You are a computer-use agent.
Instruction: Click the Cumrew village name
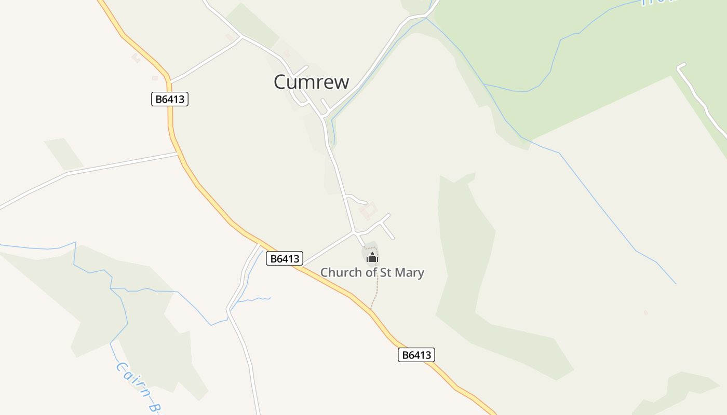click(x=312, y=82)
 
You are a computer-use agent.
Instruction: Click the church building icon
click(x=372, y=257)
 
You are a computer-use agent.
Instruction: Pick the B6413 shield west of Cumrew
click(x=170, y=99)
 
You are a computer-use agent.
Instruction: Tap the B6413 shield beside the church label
click(x=284, y=258)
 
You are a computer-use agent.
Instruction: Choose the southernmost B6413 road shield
click(x=416, y=355)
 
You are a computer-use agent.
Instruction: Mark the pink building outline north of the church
click(x=369, y=211)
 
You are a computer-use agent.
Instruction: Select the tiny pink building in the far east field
click(x=646, y=312)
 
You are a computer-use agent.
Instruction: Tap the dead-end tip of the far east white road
click(x=680, y=66)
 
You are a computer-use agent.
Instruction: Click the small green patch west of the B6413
click(x=64, y=154)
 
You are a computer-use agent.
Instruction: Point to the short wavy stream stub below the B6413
click(x=254, y=299)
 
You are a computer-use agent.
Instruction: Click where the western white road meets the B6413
click(x=178, y=153)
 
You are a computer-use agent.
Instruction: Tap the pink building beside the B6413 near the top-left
click(x=136, y=58)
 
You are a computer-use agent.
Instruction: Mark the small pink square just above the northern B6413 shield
click(x=155, y=78)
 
